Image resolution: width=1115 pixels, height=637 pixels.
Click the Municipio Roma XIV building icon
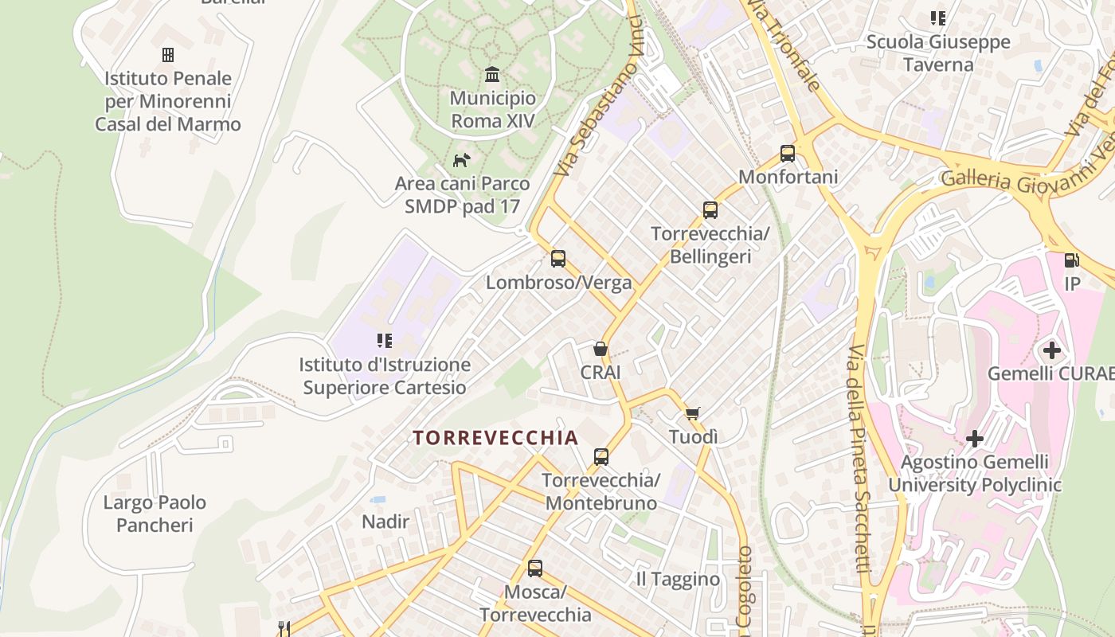pyautogui.click(x=492, y=75)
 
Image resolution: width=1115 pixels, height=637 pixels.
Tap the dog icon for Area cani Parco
pyautogui.click(x=461, y=161)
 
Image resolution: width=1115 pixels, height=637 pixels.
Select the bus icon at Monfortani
pyautogui.click(x=788, y=153)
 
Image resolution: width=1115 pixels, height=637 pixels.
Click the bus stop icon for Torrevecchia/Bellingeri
pyautogui.click(x=710, y=210)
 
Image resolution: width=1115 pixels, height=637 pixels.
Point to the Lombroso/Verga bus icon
pyautogui.click(x=558, y=259)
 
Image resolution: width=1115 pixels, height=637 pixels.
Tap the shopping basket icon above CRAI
pyautogui.click(x=601, y=349)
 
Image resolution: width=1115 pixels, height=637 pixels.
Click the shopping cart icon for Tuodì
pyautogui.click(x=693, y=413)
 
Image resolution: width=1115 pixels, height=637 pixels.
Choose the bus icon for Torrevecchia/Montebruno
pyautogui.click(x=601, y=457)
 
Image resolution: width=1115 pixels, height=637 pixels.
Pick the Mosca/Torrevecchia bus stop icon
pyautogui.click(x=535, y=569)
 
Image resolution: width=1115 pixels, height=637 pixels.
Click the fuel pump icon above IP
pyautogui.click(x=1072, y=260)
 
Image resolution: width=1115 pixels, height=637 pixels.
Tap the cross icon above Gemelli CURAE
pyautogui.click(x=1052, y=350)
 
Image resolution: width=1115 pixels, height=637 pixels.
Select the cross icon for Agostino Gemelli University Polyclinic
pyautogui.click(x=975, y=439)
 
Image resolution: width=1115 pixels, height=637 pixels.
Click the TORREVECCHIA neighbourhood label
pyautogui.click(x=495, y=438)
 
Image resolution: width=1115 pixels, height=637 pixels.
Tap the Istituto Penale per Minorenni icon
pyautogui.click(x=168, y=55)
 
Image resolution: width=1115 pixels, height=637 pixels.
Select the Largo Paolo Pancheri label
pyautogui.click(x=155, y=514)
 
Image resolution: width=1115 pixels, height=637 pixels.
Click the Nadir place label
pyautogui.click(x=385, y=522)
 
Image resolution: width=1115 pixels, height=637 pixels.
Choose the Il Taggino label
pyautogui.click(x=678, y=579)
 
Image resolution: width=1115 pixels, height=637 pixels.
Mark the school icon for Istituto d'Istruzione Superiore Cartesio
pyautogui.click(x=385, y=341)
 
